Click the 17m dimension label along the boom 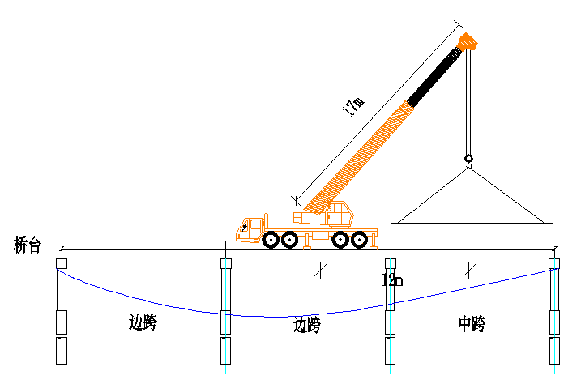[353, 106]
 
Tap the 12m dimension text [392, 280]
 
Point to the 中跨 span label [471, 325]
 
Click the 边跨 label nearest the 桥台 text [143, 322]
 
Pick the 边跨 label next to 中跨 [307, 326]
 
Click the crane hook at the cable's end [468, 159]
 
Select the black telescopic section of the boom [434, 78]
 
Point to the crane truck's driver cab [252, 228]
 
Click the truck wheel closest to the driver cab [271, 239]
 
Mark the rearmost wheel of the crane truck [359, 239]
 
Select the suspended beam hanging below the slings [472, 228]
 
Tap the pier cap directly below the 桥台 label [62, 263]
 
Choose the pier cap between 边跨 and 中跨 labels [391, 263]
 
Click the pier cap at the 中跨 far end [554, 263]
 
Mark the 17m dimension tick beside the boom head [459, 25]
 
